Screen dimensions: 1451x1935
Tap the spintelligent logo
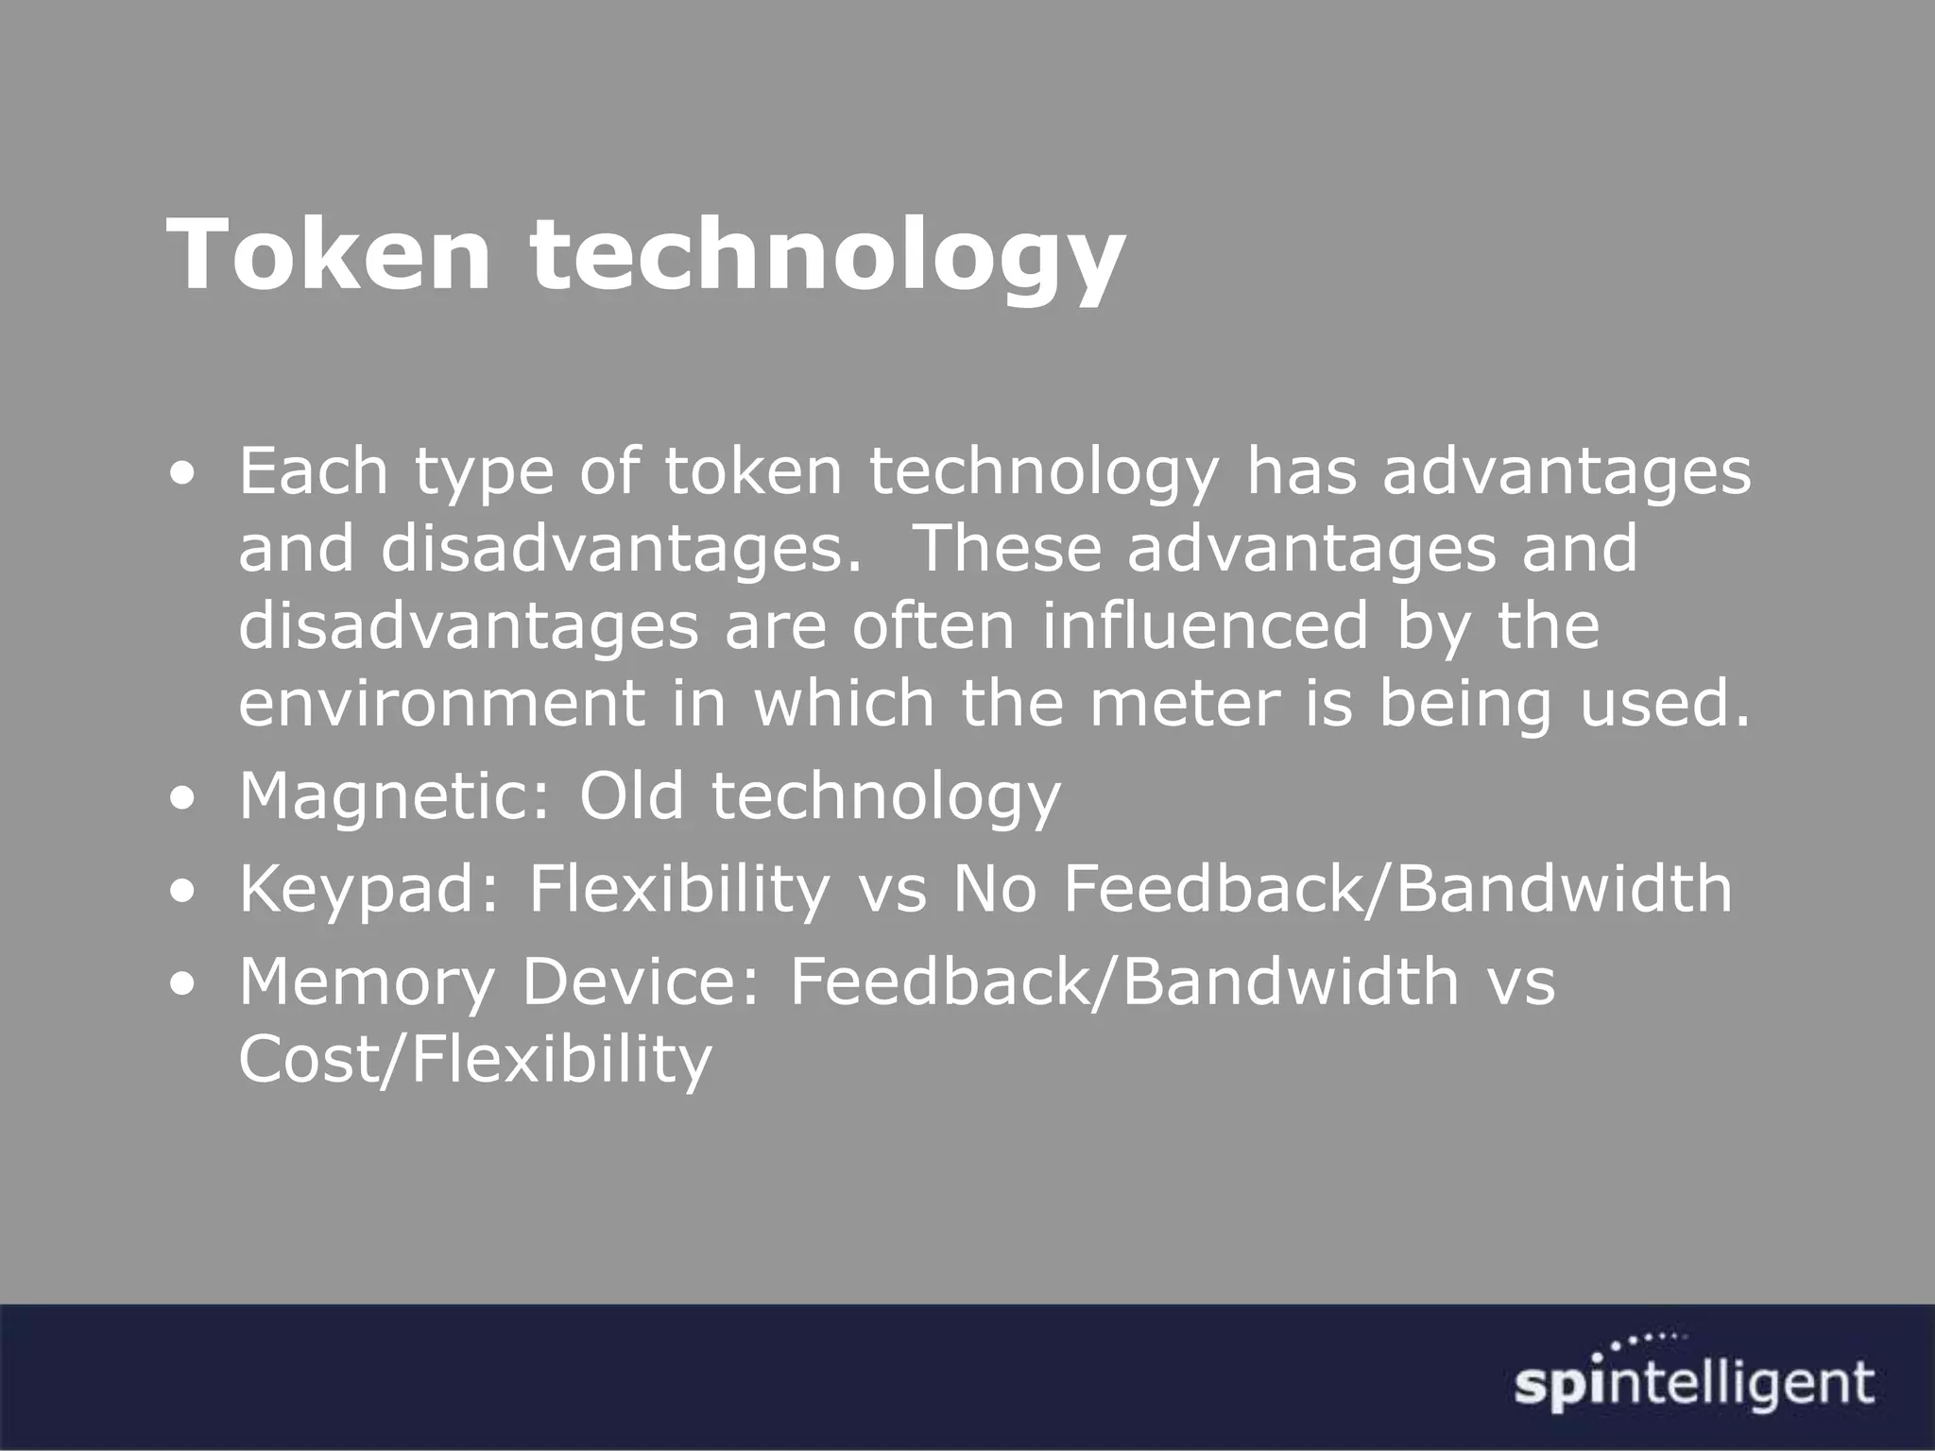(x=1694, y=1385)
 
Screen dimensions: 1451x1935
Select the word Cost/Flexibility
(x=474, y=1060)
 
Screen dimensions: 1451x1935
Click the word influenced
(x=1205, y=625)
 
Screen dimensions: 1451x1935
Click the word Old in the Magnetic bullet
(x=631, y=795)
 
